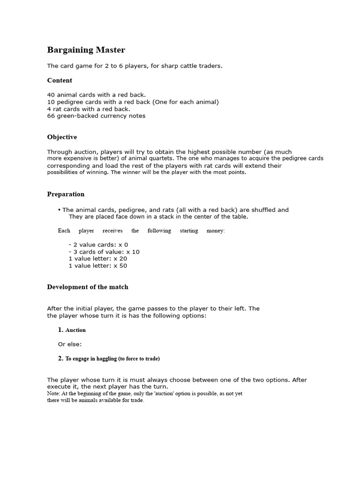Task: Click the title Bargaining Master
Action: (86, 50)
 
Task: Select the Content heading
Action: (60, 81)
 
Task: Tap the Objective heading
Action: (62, 137)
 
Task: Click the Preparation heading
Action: (66, 194)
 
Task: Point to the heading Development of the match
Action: (88, 287)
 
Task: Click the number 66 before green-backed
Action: (51, 116)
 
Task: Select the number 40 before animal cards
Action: (51, 95)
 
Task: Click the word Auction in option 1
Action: (75, 330)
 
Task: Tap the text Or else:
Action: (70, 344)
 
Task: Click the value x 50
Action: (120, 266)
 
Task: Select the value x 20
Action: (120, 259)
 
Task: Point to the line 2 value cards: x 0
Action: (98, 245)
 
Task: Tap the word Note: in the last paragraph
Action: (53, 394)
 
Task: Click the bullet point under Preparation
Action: (60, 210)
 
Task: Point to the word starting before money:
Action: (189, 231)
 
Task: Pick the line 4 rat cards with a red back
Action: (89, 109)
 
